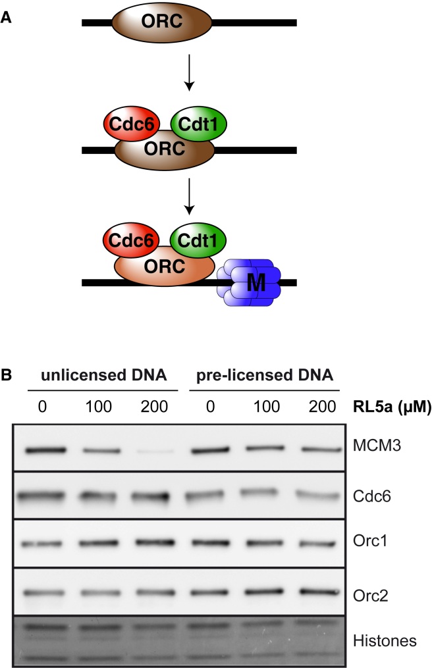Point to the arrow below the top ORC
tap(190, 73)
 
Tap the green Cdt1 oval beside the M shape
tap(195, 238)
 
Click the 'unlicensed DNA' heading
tap(104, 376)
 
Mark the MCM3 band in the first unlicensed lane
tap(46, 450)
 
